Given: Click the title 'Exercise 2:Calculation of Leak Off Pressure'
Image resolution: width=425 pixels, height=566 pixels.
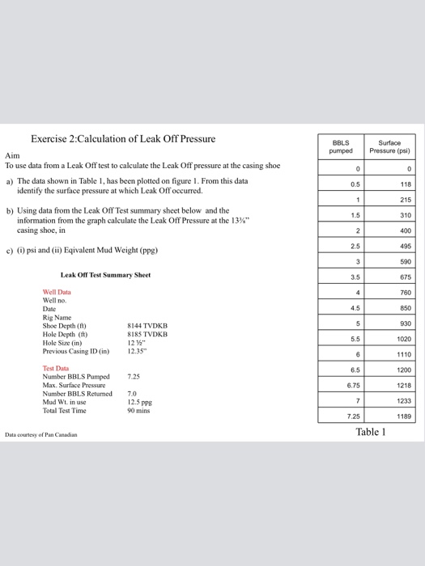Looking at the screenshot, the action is click(123, 138).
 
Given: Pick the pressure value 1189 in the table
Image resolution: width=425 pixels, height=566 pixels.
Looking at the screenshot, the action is click(403, 417).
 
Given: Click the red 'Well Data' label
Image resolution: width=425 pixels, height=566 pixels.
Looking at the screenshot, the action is click(57, 291).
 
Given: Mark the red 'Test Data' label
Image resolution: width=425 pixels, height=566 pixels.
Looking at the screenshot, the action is click(56, 368).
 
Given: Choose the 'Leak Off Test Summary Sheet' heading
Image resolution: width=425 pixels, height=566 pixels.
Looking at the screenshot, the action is click(105, 275).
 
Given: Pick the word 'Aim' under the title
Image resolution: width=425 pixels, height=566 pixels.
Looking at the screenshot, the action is click(12, 154).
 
